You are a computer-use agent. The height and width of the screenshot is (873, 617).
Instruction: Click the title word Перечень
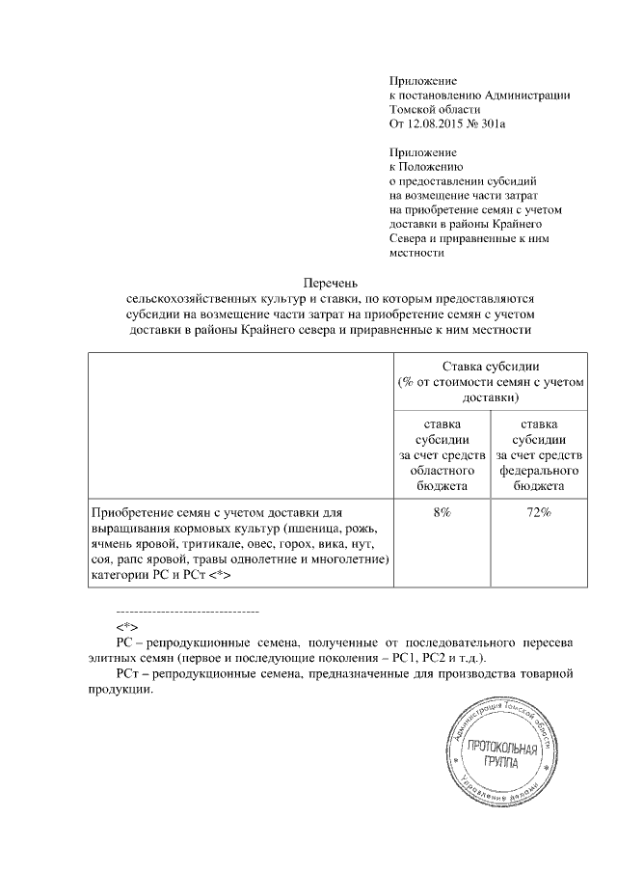point(331,283)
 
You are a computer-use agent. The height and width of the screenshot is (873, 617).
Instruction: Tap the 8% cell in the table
point(443,512)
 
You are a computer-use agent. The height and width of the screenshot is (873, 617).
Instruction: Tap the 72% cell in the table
point(538,512)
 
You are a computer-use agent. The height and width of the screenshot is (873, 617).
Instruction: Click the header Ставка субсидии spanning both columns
point(491,368)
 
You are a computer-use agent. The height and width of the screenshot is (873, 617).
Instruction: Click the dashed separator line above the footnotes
point(187,612)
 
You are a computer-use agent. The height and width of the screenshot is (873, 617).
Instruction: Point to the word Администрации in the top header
point(525,95)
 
